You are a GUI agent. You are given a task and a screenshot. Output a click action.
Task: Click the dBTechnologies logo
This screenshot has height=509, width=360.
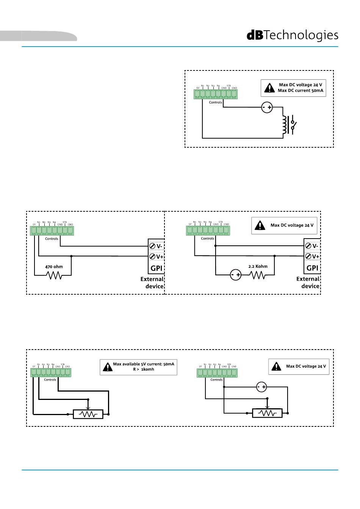(292, 35)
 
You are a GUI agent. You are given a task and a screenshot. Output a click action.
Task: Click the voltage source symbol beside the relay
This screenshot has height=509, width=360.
(267, 108)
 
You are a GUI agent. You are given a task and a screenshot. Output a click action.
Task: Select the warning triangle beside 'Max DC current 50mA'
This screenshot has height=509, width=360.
(269, 88)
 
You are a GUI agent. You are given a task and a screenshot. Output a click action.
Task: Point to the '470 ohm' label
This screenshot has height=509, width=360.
(54, 267)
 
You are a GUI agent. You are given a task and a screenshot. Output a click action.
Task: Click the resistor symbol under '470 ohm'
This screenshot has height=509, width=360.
(54, 275)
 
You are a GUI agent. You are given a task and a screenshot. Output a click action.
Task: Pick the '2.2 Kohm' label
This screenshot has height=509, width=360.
(258, 266)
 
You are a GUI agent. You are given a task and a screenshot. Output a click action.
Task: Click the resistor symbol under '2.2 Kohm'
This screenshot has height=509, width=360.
(258, 275)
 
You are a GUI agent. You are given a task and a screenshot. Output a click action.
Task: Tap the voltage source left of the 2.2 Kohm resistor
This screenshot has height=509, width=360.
(236, 275)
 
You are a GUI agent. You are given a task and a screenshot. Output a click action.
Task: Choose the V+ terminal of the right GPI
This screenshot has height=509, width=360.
(312, 256)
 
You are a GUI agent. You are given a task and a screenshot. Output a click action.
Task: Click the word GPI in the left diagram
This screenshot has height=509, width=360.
(157, 268)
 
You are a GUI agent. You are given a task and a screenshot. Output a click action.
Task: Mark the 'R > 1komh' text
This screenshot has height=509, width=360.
(144, 369)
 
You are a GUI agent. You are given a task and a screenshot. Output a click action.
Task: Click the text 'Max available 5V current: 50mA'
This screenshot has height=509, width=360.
(144, 364)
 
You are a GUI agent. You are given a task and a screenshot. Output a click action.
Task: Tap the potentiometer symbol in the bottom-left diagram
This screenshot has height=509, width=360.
(88, 414)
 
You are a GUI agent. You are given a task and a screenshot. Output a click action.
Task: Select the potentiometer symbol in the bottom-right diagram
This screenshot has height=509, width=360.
(268, 413)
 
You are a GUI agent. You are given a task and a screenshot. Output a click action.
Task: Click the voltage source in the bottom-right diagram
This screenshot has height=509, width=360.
(261, 387)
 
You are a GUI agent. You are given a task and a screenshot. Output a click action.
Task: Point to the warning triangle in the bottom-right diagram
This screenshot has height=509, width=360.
(277, 366)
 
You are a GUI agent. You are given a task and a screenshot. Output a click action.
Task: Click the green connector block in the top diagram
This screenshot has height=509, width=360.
(215, 94)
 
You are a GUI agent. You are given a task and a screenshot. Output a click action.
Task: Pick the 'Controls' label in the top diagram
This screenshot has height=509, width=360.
(216, 102)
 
